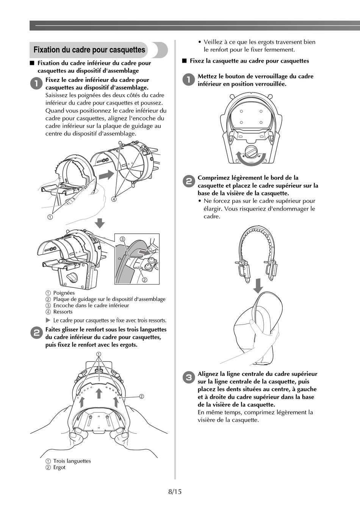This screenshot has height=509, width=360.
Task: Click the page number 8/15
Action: click(175, 492)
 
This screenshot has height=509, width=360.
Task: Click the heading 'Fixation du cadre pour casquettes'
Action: click(89, 50)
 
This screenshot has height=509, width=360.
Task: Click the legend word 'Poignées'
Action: click(64, 293)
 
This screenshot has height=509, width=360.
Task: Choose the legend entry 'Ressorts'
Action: click(63, 312)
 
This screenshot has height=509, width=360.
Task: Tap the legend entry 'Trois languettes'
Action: click(72, 461)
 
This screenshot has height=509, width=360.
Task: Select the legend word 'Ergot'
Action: click(59, 467)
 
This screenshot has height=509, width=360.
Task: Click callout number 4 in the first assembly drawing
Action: click(113, 198)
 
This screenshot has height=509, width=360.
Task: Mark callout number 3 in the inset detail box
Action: click(122, 239)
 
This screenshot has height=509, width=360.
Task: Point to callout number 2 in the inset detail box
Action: click(144, 280)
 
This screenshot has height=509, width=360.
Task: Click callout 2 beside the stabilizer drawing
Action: click(141, 396)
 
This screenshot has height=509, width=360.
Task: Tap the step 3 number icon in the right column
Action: click(188, 377)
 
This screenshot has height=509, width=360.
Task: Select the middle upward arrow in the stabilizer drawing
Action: click(99, 393)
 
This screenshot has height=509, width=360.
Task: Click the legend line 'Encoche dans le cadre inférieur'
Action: click(91, 305)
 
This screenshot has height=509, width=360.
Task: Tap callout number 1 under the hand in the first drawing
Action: click(50, 217)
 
